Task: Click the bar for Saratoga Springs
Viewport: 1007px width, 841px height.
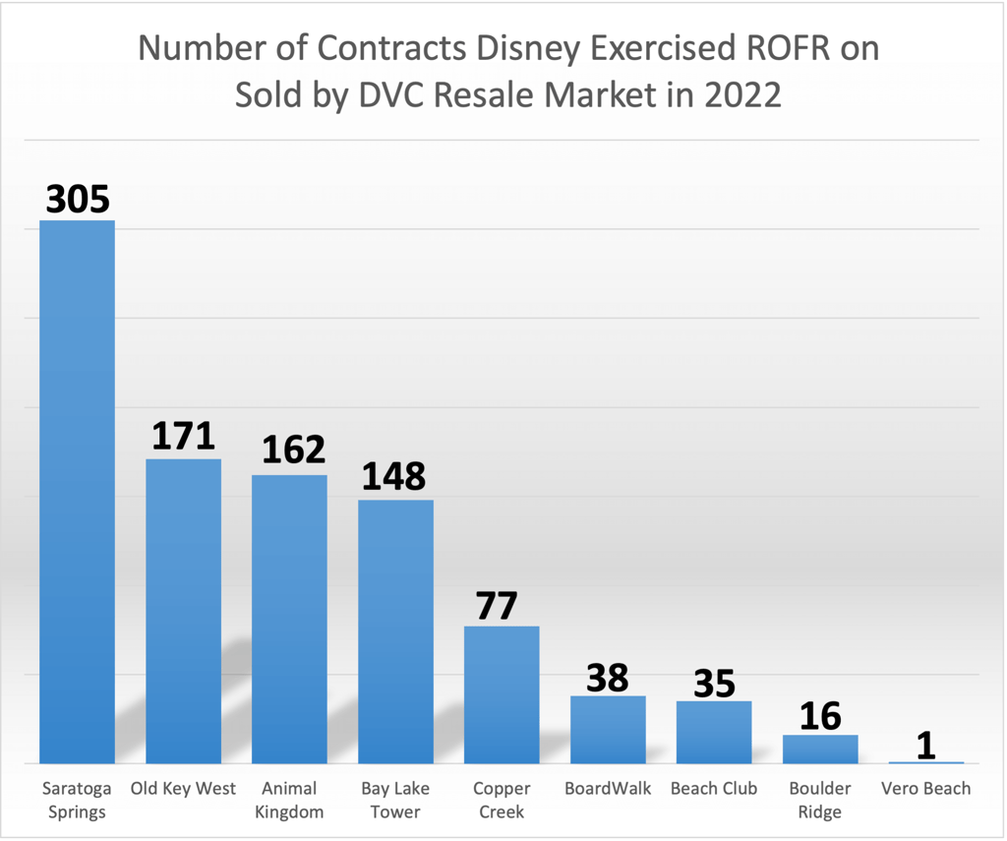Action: point(77,492)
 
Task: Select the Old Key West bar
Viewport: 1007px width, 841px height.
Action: point(183,611)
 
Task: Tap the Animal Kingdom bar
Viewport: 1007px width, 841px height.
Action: point(289,619)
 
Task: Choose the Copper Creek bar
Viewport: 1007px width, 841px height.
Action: point(502,694)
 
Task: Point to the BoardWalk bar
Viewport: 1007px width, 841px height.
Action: point(608,729)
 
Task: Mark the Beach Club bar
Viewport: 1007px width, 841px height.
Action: point(714,732)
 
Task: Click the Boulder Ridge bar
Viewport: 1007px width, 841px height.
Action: point(820,749)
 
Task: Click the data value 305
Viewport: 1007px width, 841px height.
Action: point(78,200)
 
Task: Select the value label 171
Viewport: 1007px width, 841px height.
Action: point(183,436)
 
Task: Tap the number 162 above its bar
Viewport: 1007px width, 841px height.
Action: point(293,450)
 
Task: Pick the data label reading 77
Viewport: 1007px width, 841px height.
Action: point(496,606)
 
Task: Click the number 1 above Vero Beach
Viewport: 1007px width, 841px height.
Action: point(925,746)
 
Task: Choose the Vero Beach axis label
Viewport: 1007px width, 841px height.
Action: point(925,789)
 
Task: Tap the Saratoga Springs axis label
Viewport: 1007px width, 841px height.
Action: point(78,800)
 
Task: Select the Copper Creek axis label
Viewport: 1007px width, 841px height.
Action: point(502,800)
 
